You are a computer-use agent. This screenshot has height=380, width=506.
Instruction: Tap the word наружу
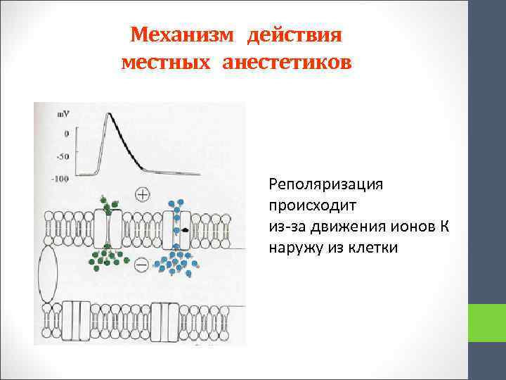295,248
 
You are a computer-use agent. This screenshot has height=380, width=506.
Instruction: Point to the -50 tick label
61,155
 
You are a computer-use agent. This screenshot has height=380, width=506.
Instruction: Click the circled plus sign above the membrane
143,194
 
